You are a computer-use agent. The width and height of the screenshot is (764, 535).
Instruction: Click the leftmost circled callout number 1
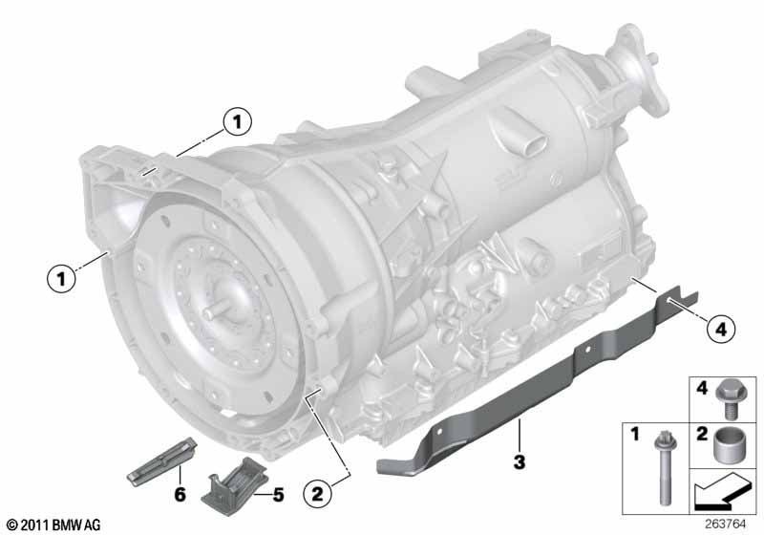61,279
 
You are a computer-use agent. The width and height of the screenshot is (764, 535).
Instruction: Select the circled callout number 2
317,494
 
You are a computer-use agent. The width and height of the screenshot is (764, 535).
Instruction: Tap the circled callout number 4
721,330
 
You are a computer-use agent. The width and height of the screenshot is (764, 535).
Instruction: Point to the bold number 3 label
520,461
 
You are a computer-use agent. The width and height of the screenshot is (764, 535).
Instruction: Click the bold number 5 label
278,495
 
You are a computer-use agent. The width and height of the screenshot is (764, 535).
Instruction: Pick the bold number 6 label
180,495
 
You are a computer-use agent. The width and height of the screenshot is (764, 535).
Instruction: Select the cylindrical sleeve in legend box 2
727,444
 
